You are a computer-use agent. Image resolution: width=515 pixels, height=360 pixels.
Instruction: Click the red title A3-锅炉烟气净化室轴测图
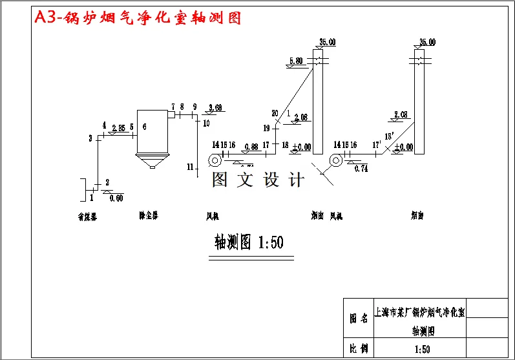(137, 18)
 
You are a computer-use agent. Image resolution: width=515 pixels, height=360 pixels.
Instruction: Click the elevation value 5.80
(296, 61)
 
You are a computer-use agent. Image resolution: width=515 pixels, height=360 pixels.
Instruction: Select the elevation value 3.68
(215, 107)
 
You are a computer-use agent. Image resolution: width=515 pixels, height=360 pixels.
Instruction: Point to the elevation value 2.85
(118, 128)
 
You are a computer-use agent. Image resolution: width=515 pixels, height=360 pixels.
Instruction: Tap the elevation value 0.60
(116, 198)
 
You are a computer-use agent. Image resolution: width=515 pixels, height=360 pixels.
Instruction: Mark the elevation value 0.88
(251, 147)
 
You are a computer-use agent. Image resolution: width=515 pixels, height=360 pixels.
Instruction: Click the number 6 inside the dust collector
(144, 127)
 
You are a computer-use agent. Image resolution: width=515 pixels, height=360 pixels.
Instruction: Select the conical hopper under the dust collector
(152, 162)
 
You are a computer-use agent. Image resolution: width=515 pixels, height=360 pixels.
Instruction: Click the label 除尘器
(148, 215)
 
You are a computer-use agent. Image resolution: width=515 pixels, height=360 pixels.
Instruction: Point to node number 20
(275, 113)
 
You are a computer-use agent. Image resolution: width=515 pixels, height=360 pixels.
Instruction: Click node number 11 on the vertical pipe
(190, 167)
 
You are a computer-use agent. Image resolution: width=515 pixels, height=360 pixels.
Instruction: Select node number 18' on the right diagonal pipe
(390, 136)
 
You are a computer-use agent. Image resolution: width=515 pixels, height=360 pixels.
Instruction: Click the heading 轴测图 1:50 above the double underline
(249, 242)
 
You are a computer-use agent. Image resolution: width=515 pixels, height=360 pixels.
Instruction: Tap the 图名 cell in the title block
(359, 319)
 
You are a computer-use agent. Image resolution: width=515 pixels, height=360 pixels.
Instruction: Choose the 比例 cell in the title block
(359, 349)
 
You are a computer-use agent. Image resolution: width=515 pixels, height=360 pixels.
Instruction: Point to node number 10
(206, 122)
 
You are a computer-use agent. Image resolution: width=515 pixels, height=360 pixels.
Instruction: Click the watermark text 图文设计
(258, 180)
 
